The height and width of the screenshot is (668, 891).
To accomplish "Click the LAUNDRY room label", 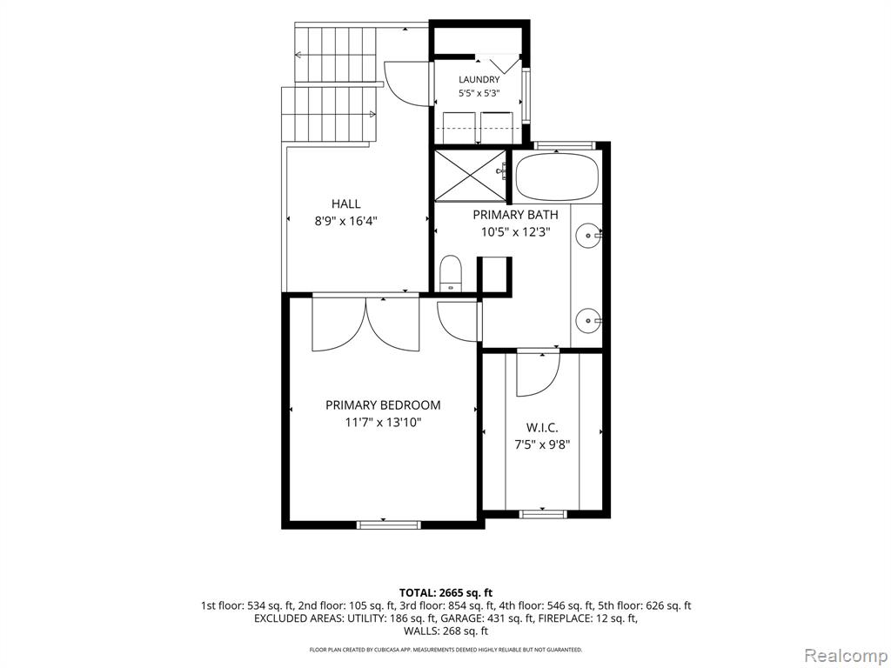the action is pyautogui.click(x=479, y=79).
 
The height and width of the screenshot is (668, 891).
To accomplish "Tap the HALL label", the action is pyautogui.click(x=346, y=204).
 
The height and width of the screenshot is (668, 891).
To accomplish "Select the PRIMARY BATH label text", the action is pyautogui.click(x=515, y=215).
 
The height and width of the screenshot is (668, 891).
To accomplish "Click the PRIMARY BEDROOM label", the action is pyautogui.click(x=383, y=405).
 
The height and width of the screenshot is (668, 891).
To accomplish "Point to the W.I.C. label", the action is pyautogui.click(x=542, y=427).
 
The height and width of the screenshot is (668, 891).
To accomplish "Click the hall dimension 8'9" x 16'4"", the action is pyautogui.click(x=346, y=221).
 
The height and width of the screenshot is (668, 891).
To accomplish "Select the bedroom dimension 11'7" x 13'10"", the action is pyautogui.click(x=383, y=423).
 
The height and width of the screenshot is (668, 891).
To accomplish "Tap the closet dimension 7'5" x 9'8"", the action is pyautogui.click(x=542, y=444).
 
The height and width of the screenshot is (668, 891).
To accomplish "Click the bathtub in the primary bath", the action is pyautogui.click(x=557, y=176).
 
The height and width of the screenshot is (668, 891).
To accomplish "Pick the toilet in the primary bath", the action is pyautogui.click(x=452, y=273).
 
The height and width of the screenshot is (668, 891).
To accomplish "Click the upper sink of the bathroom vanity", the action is pyautogui.click(x=587, y=234).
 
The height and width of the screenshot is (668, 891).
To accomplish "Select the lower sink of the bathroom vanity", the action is pyautogui.click(x=587, y=321).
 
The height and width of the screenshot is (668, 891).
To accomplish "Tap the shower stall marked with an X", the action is pyautogui.click(x=470, y=176).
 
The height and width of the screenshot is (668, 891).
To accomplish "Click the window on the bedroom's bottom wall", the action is pyautogui.click(x=389, y=524).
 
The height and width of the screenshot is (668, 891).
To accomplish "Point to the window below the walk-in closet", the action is pyautogui.click(x=543, y=514).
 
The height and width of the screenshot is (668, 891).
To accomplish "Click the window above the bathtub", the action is pyautogui.click(x=565, y=145).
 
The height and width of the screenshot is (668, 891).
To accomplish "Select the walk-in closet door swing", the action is pyautogui.click(x=538, y=374).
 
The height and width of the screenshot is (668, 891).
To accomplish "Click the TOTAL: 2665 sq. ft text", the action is pyautogui.click(x=446, y=593).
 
